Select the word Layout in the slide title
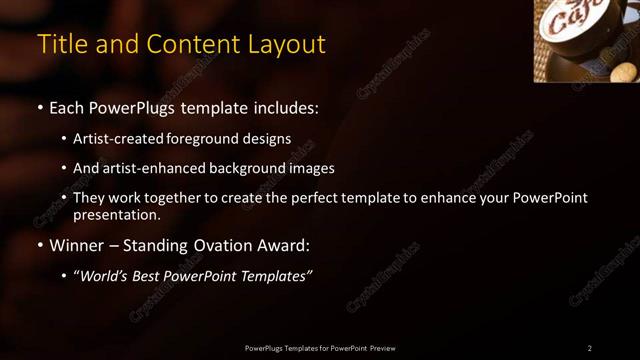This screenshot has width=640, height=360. coord(288,45)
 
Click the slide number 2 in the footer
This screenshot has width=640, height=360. coord(590,348)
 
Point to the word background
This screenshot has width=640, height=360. coord(243,169)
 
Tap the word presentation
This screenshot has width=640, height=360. coord(116,214)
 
